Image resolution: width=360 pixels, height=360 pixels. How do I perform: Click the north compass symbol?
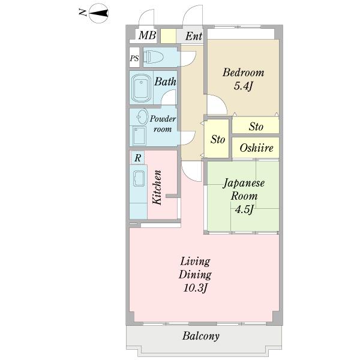point(98,13)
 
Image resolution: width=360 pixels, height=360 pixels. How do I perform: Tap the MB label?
point(147,35)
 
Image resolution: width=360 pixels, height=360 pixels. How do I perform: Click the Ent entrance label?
point(194,36)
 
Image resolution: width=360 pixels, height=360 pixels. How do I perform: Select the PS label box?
point(134,58)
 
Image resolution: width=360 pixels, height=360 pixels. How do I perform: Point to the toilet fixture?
point(153,57)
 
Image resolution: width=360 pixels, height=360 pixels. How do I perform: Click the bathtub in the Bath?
point(141,89)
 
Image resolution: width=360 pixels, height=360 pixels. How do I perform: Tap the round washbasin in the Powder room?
point(142,117)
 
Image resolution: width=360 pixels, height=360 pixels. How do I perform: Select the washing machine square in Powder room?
point(139,136)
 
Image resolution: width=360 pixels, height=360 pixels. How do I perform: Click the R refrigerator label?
point(137,158)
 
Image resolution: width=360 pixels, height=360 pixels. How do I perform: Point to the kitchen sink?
point(139,179)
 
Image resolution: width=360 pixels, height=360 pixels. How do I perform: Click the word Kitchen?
point(157,187)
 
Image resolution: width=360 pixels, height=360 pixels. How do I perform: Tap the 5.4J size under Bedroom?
point(243,86)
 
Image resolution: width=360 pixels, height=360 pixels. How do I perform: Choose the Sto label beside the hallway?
point(218,139)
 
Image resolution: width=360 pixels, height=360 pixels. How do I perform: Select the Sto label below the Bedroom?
point(256,127)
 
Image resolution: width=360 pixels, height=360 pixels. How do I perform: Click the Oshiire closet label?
point(256,148)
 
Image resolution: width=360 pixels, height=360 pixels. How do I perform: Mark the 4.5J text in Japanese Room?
point(244,209)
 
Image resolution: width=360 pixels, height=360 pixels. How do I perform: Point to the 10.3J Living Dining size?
point(196,288)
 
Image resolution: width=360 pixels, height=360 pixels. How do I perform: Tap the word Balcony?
point(201,336)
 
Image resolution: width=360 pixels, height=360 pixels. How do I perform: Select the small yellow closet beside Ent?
point(168,36)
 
